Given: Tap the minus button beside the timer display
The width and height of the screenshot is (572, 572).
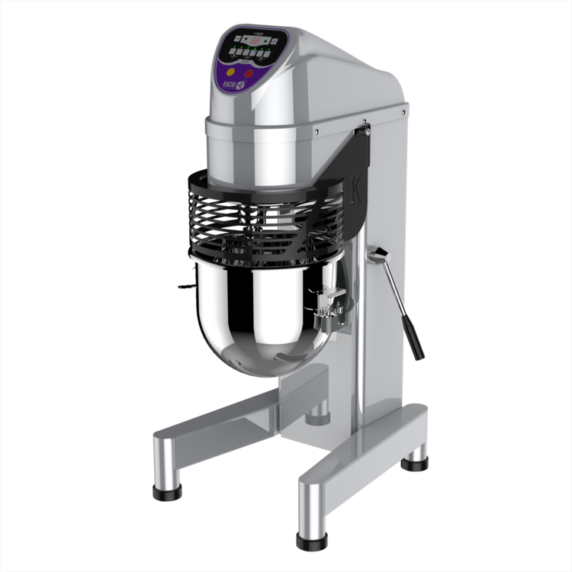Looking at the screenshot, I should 237,38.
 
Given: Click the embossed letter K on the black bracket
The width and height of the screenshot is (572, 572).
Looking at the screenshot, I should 359,186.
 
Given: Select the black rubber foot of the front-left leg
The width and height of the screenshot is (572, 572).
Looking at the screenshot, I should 166,492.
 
